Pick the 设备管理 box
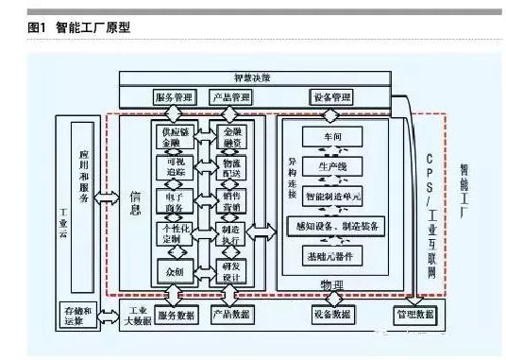(331, 97)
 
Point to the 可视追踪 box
(175, 169)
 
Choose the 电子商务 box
(175, 201)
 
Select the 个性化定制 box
(175, 234)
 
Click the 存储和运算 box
(75, 316)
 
